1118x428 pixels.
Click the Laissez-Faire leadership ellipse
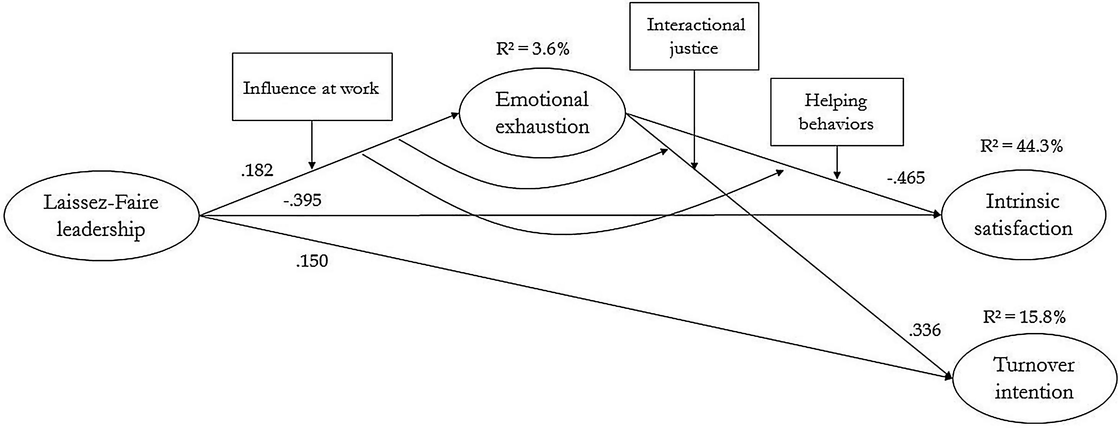coord(101,216)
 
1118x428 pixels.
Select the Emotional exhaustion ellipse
coord(542,113)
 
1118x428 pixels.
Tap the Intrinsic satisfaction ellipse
coord(1023,215)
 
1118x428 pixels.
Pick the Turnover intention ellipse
coord(1034,379)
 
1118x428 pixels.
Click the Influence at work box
coord(312,87)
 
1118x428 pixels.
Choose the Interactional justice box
coord(694,36)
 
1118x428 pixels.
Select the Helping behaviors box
coord(837,112)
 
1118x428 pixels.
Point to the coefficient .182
coord(257,171)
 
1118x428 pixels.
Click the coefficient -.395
coord(302,200)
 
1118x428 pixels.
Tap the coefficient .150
coord(312,261)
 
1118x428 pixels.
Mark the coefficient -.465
coord(906,178)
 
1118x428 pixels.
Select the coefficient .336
coord(925,331)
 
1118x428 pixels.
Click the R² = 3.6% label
coord(532,49)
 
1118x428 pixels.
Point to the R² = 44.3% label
coord(1022,146)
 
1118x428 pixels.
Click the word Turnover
coord(1034,365)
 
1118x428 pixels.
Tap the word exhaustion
coord(542,127)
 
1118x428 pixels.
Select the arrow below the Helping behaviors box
coord(837,162)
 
